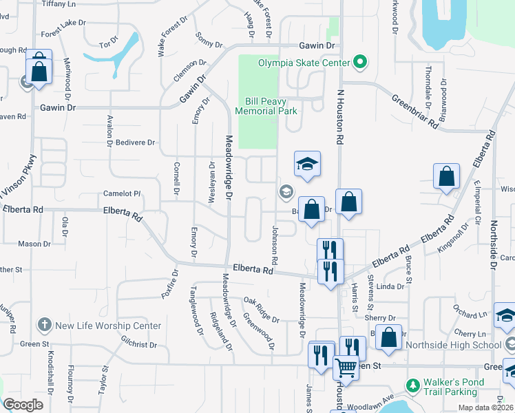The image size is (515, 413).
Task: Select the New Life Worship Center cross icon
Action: [x=44, y=326]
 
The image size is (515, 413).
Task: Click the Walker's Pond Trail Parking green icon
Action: [x=413, y=384]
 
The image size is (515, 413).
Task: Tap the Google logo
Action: [x=23, y=405]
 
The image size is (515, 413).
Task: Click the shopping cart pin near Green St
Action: [x=346, y=367]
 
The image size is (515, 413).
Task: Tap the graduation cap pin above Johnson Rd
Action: [x=307, y=165]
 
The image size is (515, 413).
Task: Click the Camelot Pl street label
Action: [x=122, y=194]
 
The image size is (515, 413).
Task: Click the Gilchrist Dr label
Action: [x=139, y=343]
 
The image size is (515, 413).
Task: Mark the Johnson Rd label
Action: [x=274, y=246]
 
